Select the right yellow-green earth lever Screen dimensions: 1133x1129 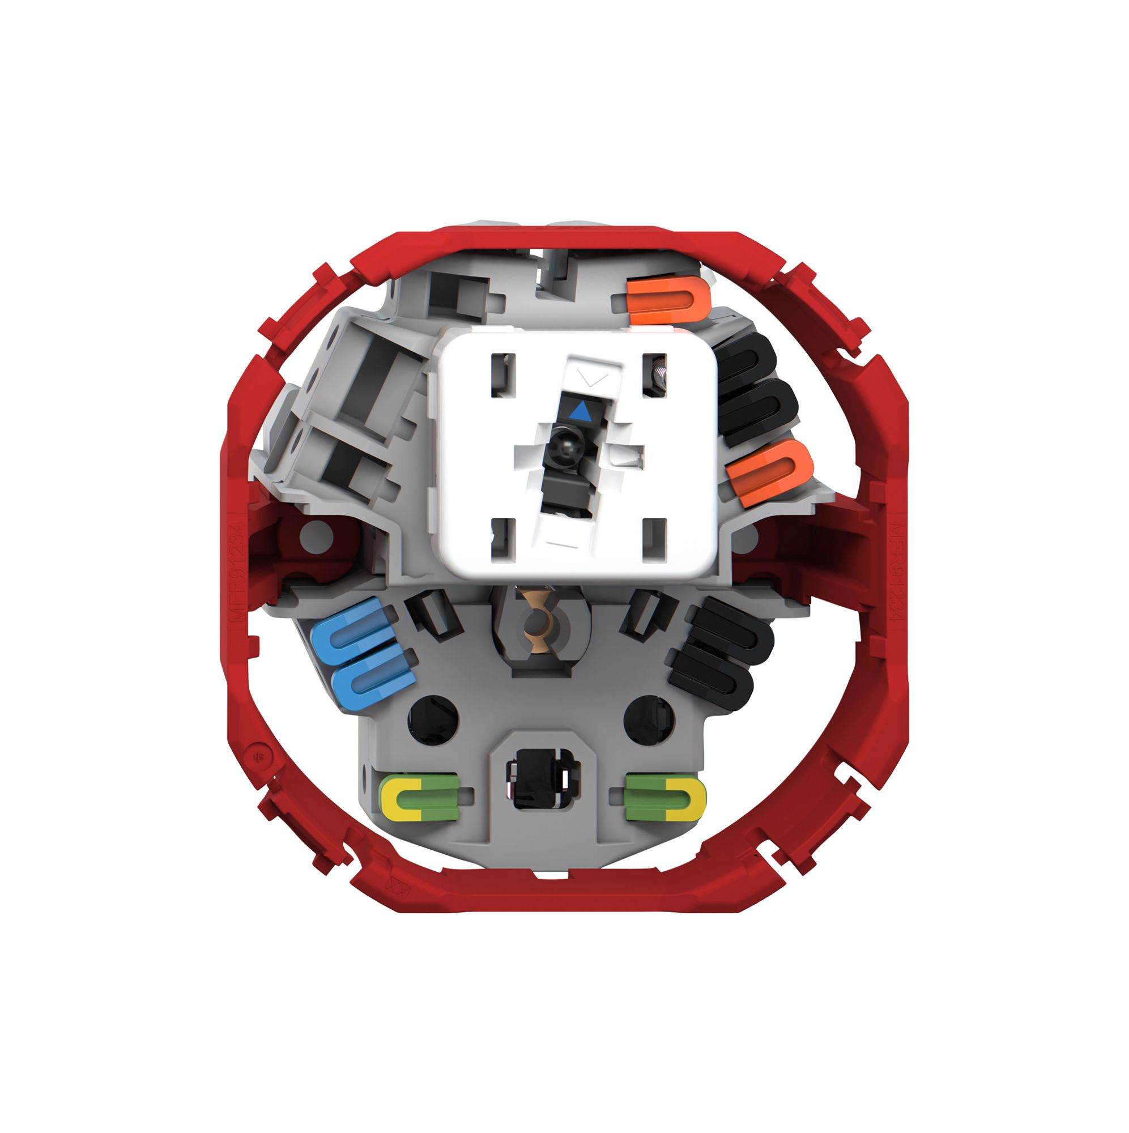click(x=666, y=796)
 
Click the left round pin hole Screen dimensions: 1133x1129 click(x=433, y=720)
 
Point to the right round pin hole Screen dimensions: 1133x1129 click(x=649, y=720)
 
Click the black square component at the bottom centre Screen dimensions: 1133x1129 click(x=542, y=779)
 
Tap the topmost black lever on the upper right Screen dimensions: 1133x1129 click(x=745, y=357)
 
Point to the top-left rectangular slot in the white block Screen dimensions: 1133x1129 click(x=503, y=374)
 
